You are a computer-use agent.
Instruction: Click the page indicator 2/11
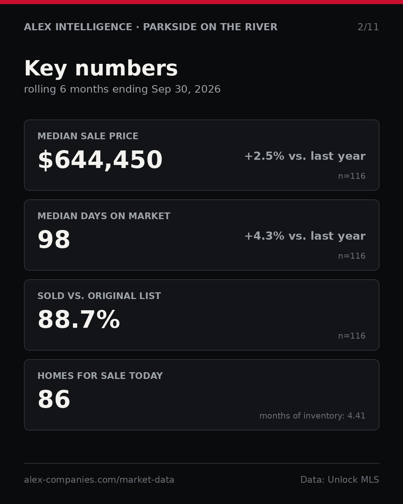pyautogui.click(x=368, y=27)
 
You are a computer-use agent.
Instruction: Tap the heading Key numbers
pyautogui.click(x=101, y=68)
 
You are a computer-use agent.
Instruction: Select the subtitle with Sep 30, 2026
pyautogui.click(x=122, y=89)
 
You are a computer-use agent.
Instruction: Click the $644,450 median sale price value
pyautogui.click(x=100, y=160)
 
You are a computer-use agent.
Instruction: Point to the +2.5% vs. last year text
pyautogui.click(x=305, y=156)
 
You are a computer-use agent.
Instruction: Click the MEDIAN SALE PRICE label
pyautogui.click(x=88, y=136)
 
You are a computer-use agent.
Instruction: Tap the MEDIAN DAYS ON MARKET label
pyautogui.click(x=104, y=216)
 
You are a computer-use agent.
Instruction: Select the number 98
pyautogui.click(x=54, y=239)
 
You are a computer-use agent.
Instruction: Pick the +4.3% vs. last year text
pyautogui.click(x=305, y=236)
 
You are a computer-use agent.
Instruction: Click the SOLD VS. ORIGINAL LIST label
pyautogui.click(x=99, y=296)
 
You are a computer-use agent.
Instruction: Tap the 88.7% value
pyautogui.click(x=79, y=320)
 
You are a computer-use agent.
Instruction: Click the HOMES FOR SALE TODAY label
pyautogui.click(x=100, y=376)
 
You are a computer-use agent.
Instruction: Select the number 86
pyautogui.click(x=54, y=399)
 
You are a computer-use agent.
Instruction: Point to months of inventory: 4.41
pyautogui.click(x=312, y=416)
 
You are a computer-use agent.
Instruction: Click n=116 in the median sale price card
pyautogui.click(x=352, y=176)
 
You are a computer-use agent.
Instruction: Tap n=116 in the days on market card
pyautogui.click(x=352, y=256)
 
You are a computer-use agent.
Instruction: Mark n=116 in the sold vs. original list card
pyautogui.click(x=352, y=336)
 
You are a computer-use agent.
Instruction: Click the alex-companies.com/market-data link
pyautogui.click(x=99, y=480)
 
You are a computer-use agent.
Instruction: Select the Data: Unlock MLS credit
pyautogui.click(x=340, y=479)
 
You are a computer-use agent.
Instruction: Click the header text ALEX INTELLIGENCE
pyautogui.click(x=78, y=27)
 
